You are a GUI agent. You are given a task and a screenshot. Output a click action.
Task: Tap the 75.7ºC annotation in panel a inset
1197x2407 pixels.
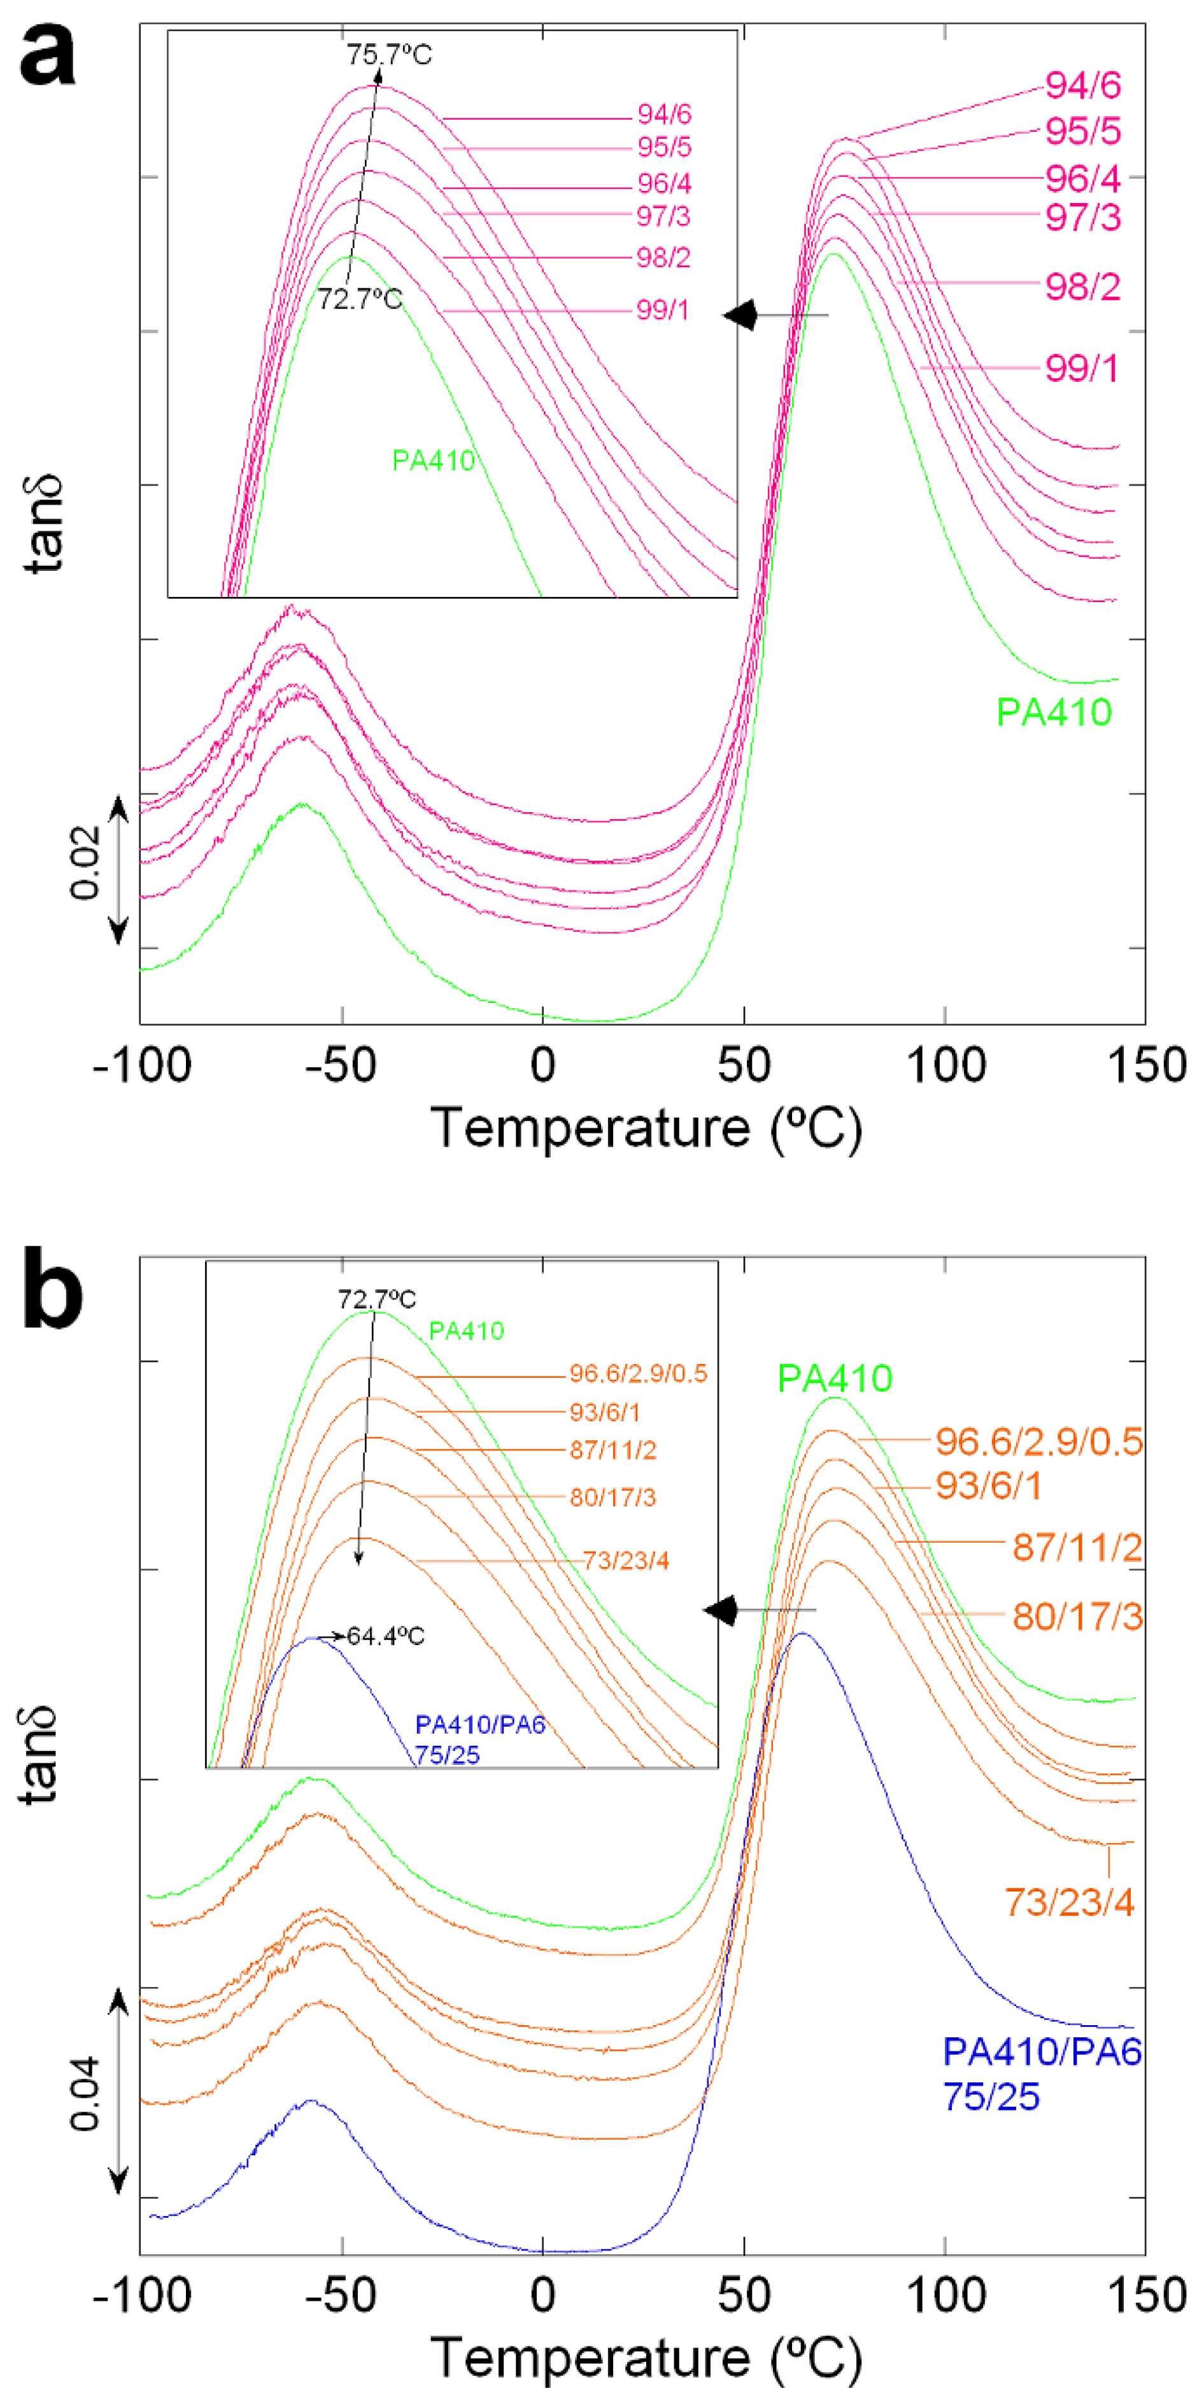(389, 54)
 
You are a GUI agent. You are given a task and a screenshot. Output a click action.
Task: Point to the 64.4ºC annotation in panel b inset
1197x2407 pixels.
(385, 1636)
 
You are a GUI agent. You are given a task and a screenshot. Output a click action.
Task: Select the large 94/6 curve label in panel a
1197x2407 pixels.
(1082, 85)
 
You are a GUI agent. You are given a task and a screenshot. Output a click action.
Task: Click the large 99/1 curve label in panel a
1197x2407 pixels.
(1081, 368)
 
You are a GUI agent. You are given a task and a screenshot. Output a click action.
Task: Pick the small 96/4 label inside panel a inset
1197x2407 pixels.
(663, 183)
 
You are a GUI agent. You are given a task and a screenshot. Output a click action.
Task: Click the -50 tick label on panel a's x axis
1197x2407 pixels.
(341, 1065)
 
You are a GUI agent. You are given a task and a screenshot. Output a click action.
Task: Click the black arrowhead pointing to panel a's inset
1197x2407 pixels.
(740, 315)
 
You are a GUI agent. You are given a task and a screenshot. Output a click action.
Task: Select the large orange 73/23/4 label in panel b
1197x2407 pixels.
(1069, 1902)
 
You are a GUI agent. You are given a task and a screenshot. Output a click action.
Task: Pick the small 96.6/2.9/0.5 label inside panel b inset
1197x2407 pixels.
(637, 1373)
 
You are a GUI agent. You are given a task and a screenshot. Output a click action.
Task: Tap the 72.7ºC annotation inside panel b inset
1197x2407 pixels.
(376, 1299)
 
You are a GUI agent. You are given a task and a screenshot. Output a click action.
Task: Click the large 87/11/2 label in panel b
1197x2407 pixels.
(1077, 1547)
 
